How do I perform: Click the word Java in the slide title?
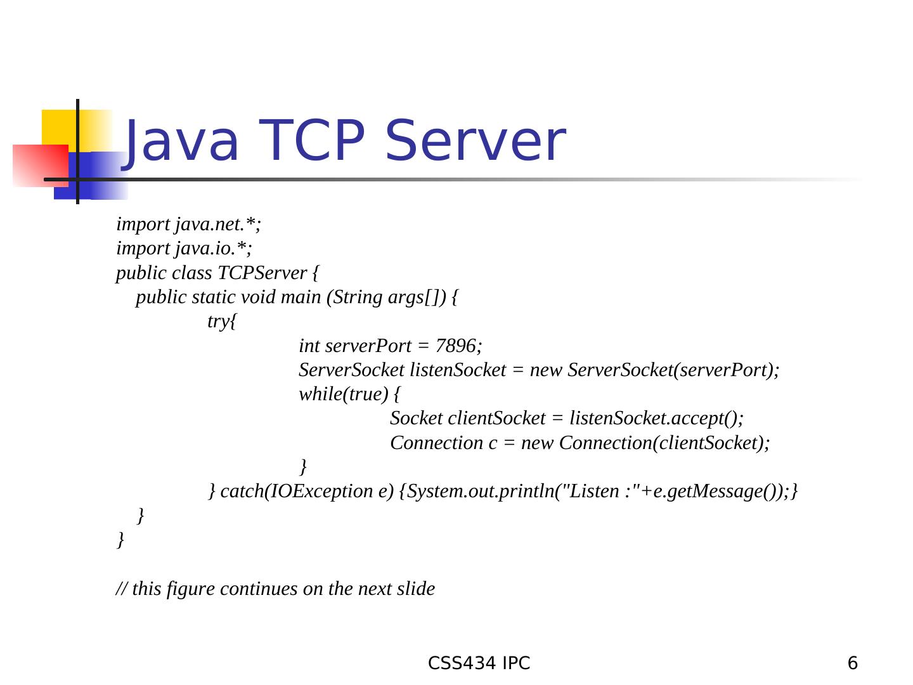click(181, 141)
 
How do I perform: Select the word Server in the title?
click(475, 141)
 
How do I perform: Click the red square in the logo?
click(39, 165)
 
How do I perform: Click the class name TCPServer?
click(262, 273)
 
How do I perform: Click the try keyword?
click(218, 322)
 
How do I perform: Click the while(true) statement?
click(343, 395)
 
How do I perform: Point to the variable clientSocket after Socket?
click(496, 419)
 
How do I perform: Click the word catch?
click(241, 492)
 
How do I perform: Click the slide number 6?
click(853, 663)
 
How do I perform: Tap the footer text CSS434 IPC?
click(479, 663)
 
